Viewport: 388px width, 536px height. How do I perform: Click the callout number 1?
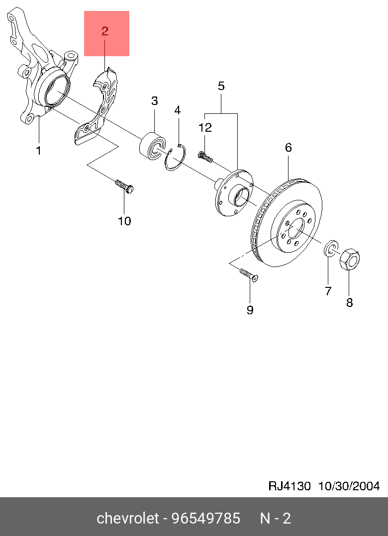coord(39,150)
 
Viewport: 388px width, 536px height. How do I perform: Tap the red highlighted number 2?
coord(105,31)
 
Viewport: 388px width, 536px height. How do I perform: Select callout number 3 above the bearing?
coord(155,101)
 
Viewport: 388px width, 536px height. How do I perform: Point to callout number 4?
coord(177,110)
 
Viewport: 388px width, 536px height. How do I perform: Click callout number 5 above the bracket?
coord(221,86)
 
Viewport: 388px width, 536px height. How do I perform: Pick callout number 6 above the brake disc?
coord(288,148)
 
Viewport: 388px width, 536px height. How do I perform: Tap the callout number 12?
coord(205,128)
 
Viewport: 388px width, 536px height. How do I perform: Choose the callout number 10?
coord(124,221)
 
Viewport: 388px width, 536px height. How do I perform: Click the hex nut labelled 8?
coord(350,260)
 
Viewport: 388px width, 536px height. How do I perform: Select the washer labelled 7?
coord(331,249)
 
